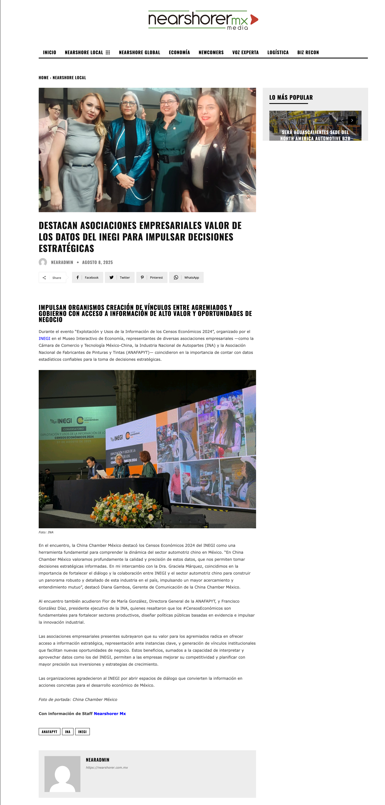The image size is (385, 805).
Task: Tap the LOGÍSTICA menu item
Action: click(278, 53)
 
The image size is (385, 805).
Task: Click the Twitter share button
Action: click(120, 278)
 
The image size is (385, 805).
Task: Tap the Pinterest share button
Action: click(152, 278)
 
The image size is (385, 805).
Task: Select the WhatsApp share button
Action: click(187, 278)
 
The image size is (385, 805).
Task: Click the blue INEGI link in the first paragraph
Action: click(44, 339)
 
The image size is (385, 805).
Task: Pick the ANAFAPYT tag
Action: click(49, 732)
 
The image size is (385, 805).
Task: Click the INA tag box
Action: click(67, 732)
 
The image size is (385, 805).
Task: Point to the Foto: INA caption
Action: click(46, 532)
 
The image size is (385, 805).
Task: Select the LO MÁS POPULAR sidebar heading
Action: click(291, 97)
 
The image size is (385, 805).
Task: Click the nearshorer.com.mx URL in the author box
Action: click(107, 768)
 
